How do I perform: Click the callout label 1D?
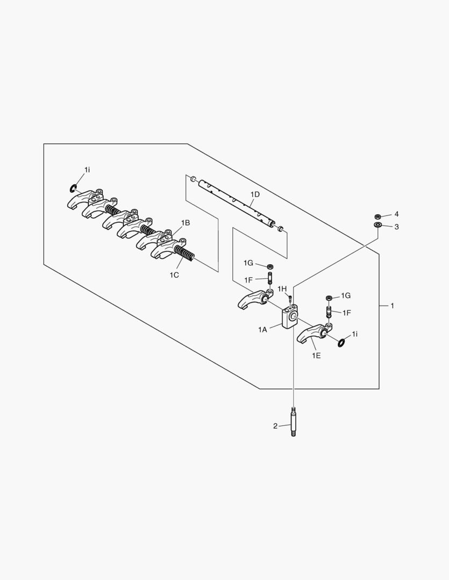[255, 194]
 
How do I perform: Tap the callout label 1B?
[185, 223]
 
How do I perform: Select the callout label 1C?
[174, 275]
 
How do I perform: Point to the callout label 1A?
[262, 330]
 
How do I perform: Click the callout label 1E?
[316, 356]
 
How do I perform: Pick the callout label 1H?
[282, 288]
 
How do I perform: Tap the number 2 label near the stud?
[275, 426]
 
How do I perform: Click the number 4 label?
[396, 214]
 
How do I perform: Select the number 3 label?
[396, 227]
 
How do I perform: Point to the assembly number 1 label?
[393, 306]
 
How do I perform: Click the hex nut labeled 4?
[377, 216]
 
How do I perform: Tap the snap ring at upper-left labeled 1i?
[74, 189]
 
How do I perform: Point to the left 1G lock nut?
[270, 266]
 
